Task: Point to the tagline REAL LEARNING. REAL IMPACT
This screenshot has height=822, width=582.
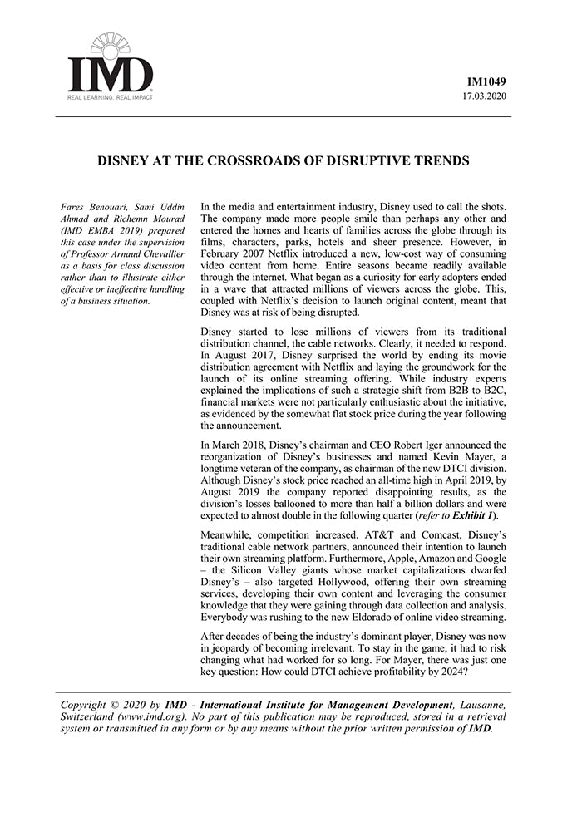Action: (110, 97)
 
